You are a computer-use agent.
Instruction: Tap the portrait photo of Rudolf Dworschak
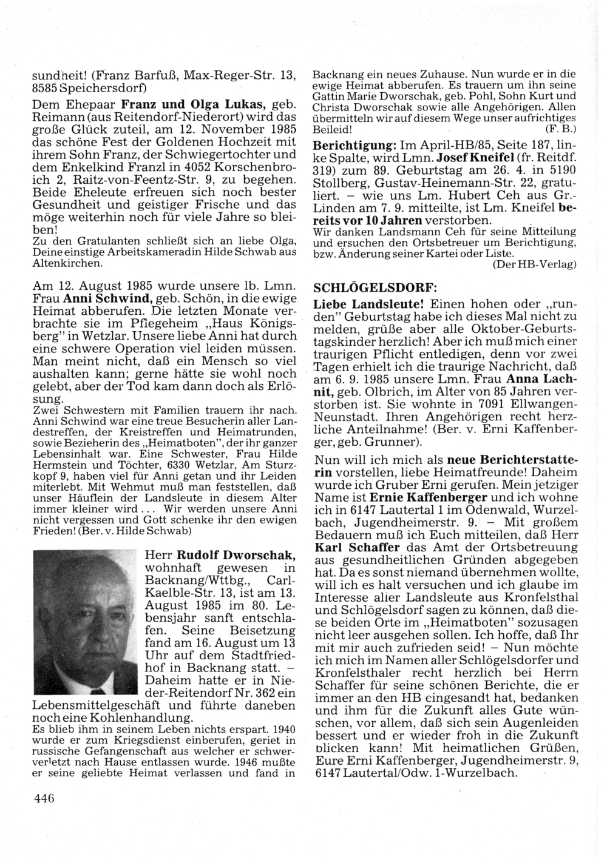[x=86, y=621]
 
